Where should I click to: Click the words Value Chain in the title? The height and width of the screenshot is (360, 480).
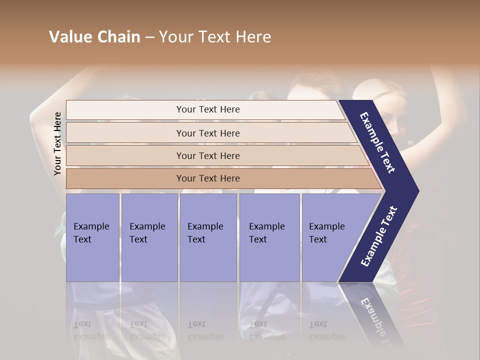pyautogui.click(x=94, y=37)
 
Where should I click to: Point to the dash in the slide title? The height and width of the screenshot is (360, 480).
pyautogui.click(x=149, y=37)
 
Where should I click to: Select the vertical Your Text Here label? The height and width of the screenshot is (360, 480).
pyautogui.click(x=58, y=143)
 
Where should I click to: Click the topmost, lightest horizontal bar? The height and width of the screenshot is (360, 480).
pyautogui.click(x=207, y=109)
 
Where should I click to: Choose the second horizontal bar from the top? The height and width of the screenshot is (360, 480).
pyautogui.click(x=207, y=133)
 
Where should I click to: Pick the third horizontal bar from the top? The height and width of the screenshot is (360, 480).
pyautogui.click(x=207, y=155)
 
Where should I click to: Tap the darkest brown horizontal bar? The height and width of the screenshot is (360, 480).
pyautogui.click(x=207, y=178)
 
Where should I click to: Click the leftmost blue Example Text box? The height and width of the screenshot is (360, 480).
pyautogui.click(x=92, y=237)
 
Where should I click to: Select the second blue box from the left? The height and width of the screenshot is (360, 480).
pyautogui.click(x=149, y=237)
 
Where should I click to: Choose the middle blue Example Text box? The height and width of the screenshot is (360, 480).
pyautogui.click(x=208, y=237)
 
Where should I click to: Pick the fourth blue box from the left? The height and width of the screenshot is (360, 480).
pyautogui.click(x=269, y=237)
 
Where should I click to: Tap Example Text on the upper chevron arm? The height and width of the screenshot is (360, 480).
pyautogui.click(x=378, y=143)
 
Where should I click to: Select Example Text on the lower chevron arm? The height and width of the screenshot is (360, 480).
pyautogui.click(x=379, y=236)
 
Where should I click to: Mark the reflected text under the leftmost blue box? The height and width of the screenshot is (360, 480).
pyautogui.click(x=91, y=330)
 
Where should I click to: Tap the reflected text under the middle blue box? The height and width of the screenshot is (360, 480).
pyautogui.click(x=205, y=330)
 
